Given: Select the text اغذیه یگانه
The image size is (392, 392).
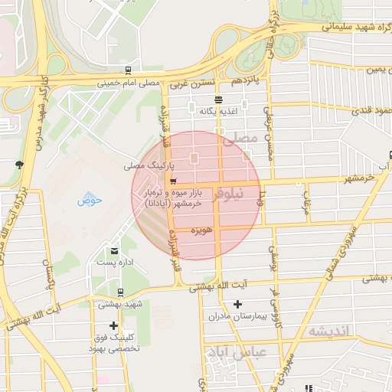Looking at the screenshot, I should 219,112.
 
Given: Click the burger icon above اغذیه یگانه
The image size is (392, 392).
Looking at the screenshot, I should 219,100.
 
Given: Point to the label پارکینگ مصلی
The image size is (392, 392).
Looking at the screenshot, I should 150,165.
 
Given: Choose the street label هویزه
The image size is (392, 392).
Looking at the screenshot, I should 201,230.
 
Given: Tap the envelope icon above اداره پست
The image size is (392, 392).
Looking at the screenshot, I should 115,250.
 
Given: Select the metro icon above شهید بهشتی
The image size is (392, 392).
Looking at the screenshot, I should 120,292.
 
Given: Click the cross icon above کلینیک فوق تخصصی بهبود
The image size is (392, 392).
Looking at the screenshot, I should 114,325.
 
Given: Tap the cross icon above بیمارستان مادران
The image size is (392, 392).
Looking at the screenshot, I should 237,304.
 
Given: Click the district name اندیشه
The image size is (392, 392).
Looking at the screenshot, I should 329,331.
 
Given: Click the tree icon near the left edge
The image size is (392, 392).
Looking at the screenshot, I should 19,164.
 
